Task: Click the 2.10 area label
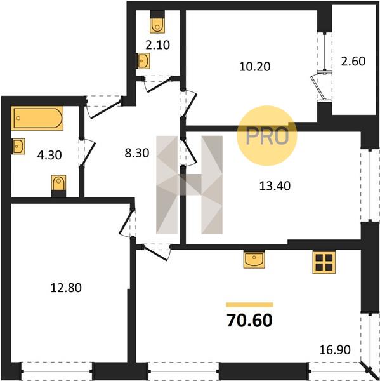tap(157, 45)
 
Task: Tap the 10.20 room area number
tap(255, 66)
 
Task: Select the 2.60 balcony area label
tap(353, 61)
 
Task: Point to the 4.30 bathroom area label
tap(49, 155)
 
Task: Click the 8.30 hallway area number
tap(137, 153)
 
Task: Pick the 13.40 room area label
tap(275, 186)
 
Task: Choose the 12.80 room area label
tap(66, 288)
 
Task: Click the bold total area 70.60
tap(249, 320)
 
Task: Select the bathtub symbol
tap(37, 118)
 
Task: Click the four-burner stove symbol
tap(324, 263)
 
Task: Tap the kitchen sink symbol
tap(254, 259)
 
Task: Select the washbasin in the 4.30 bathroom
tap(19, 146)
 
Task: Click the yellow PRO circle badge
tap(267, 136)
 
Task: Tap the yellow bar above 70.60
tap(249, 305)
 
